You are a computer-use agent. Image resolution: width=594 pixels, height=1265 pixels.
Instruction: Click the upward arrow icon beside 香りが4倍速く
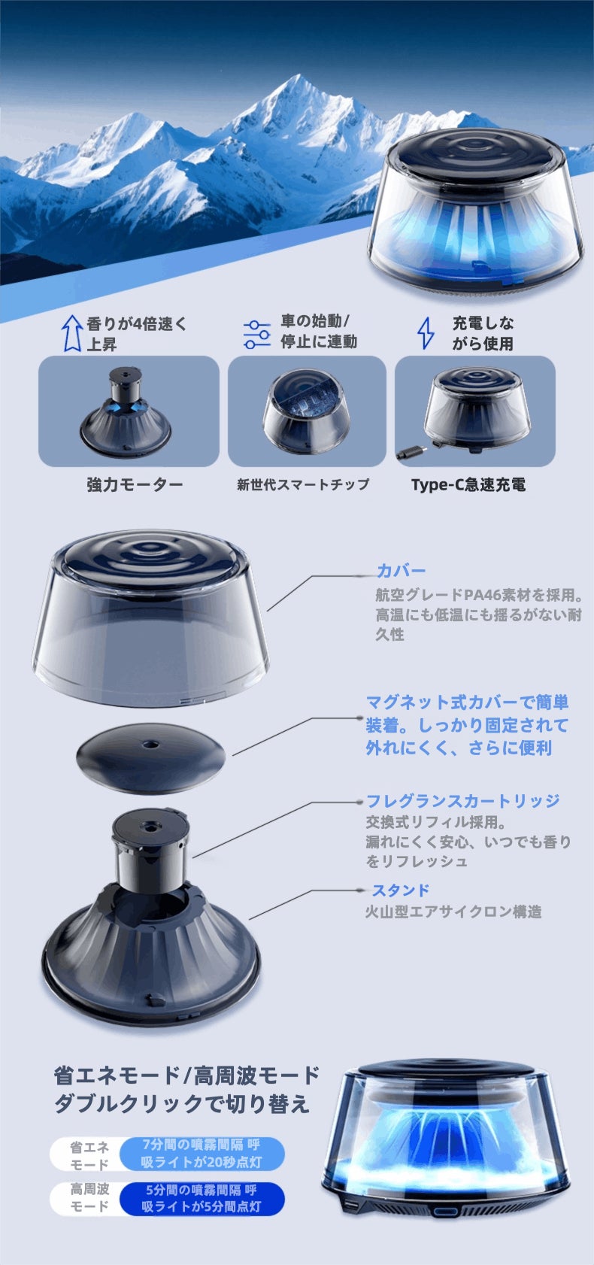pos(71,333)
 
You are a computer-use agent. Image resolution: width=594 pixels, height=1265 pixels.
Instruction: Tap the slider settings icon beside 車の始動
pos(257,334)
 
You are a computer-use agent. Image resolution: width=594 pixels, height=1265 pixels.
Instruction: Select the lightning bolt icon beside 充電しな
pos(426,332)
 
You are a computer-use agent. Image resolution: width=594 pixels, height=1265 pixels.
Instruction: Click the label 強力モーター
pos(135,484)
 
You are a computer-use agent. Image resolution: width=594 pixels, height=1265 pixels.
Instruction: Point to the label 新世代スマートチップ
pos(303,484)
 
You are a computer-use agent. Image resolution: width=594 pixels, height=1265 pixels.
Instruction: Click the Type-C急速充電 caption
pos(468,484)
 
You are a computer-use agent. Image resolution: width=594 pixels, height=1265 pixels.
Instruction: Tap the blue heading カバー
pos(401,571)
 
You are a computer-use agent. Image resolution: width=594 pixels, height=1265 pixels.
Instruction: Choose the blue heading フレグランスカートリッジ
pos(462,801)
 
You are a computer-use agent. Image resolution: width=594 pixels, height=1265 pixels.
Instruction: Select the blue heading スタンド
pos(400,890)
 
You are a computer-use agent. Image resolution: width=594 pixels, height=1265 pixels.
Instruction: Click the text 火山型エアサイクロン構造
pos(453,912)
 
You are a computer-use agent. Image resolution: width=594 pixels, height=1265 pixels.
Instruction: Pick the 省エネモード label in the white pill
pos(89,1155)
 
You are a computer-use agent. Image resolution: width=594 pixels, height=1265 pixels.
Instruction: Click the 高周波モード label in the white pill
pos(89,1197)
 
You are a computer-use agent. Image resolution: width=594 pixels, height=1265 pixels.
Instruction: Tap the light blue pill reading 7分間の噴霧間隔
pos(201,1154)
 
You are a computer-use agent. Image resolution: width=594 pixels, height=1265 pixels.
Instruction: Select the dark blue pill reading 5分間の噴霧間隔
pos(201,1198)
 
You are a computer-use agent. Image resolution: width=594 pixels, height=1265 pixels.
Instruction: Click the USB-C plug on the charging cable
pos(411,452)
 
